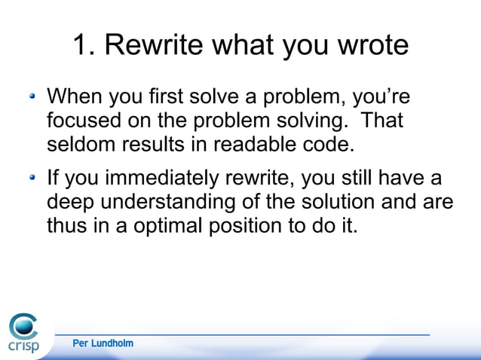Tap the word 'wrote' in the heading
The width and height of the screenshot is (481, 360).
(369, 47)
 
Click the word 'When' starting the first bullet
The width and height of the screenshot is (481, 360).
(74, 98)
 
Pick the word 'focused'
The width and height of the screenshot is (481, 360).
(84, 121)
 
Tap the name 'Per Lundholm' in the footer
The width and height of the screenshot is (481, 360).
(103, 343)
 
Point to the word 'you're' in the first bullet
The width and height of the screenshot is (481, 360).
(392, 98)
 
